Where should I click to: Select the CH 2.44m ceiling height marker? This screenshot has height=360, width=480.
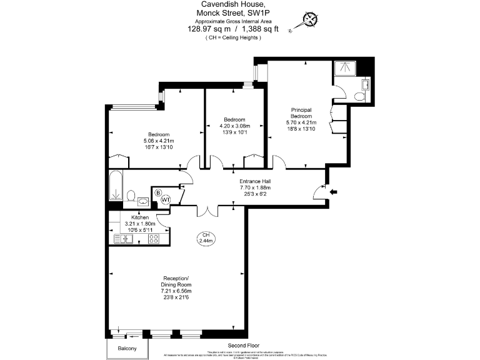pos(205,238)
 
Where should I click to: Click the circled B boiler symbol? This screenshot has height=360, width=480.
pos(158,192)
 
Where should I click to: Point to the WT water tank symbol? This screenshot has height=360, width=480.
pos(166,200)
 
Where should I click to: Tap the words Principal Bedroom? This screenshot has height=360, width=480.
pos(301,113)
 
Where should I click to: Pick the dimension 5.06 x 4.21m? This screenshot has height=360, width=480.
pos(159,141)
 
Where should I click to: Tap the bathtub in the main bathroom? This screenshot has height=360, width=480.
pos(116,186)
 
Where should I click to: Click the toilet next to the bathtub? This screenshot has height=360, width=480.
pos(131,196)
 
